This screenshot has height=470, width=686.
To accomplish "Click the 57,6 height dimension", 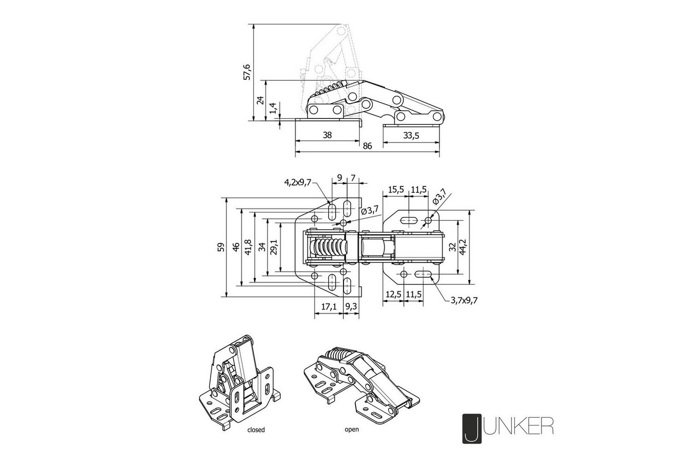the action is (x=247, y=72).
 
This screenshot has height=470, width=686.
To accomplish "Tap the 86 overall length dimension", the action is (x=367, y=146).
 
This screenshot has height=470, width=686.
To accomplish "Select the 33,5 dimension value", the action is (x=411, y=136).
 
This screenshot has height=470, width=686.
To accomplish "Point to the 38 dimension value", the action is (x=327, y=135).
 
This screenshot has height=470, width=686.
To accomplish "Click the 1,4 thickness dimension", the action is (x=273, y=108).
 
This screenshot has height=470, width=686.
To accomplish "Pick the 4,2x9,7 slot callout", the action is (x=298, y=183).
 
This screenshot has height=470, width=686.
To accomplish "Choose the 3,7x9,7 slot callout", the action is (x=464, y=300).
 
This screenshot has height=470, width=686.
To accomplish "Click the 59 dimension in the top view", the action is (x=221, y=247).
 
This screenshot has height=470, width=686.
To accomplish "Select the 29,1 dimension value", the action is (x=274, y=247).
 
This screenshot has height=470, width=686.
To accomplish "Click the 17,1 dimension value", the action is (x=329, y=306).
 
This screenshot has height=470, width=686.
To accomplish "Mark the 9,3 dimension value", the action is (x=351, y=306).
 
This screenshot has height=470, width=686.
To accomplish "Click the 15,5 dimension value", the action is (x=396, y=190).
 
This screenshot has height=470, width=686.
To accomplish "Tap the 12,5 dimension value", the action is (x=393, y=295).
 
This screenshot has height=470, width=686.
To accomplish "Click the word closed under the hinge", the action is (x=256, y=430).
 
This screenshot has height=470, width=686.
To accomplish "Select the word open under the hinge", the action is (x=352, y=430).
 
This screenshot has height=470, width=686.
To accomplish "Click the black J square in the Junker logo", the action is (x=472, y=429).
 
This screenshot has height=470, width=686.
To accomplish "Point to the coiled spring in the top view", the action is (x=328, y=247).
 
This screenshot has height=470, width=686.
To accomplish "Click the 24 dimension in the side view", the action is (x=260, y=100).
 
